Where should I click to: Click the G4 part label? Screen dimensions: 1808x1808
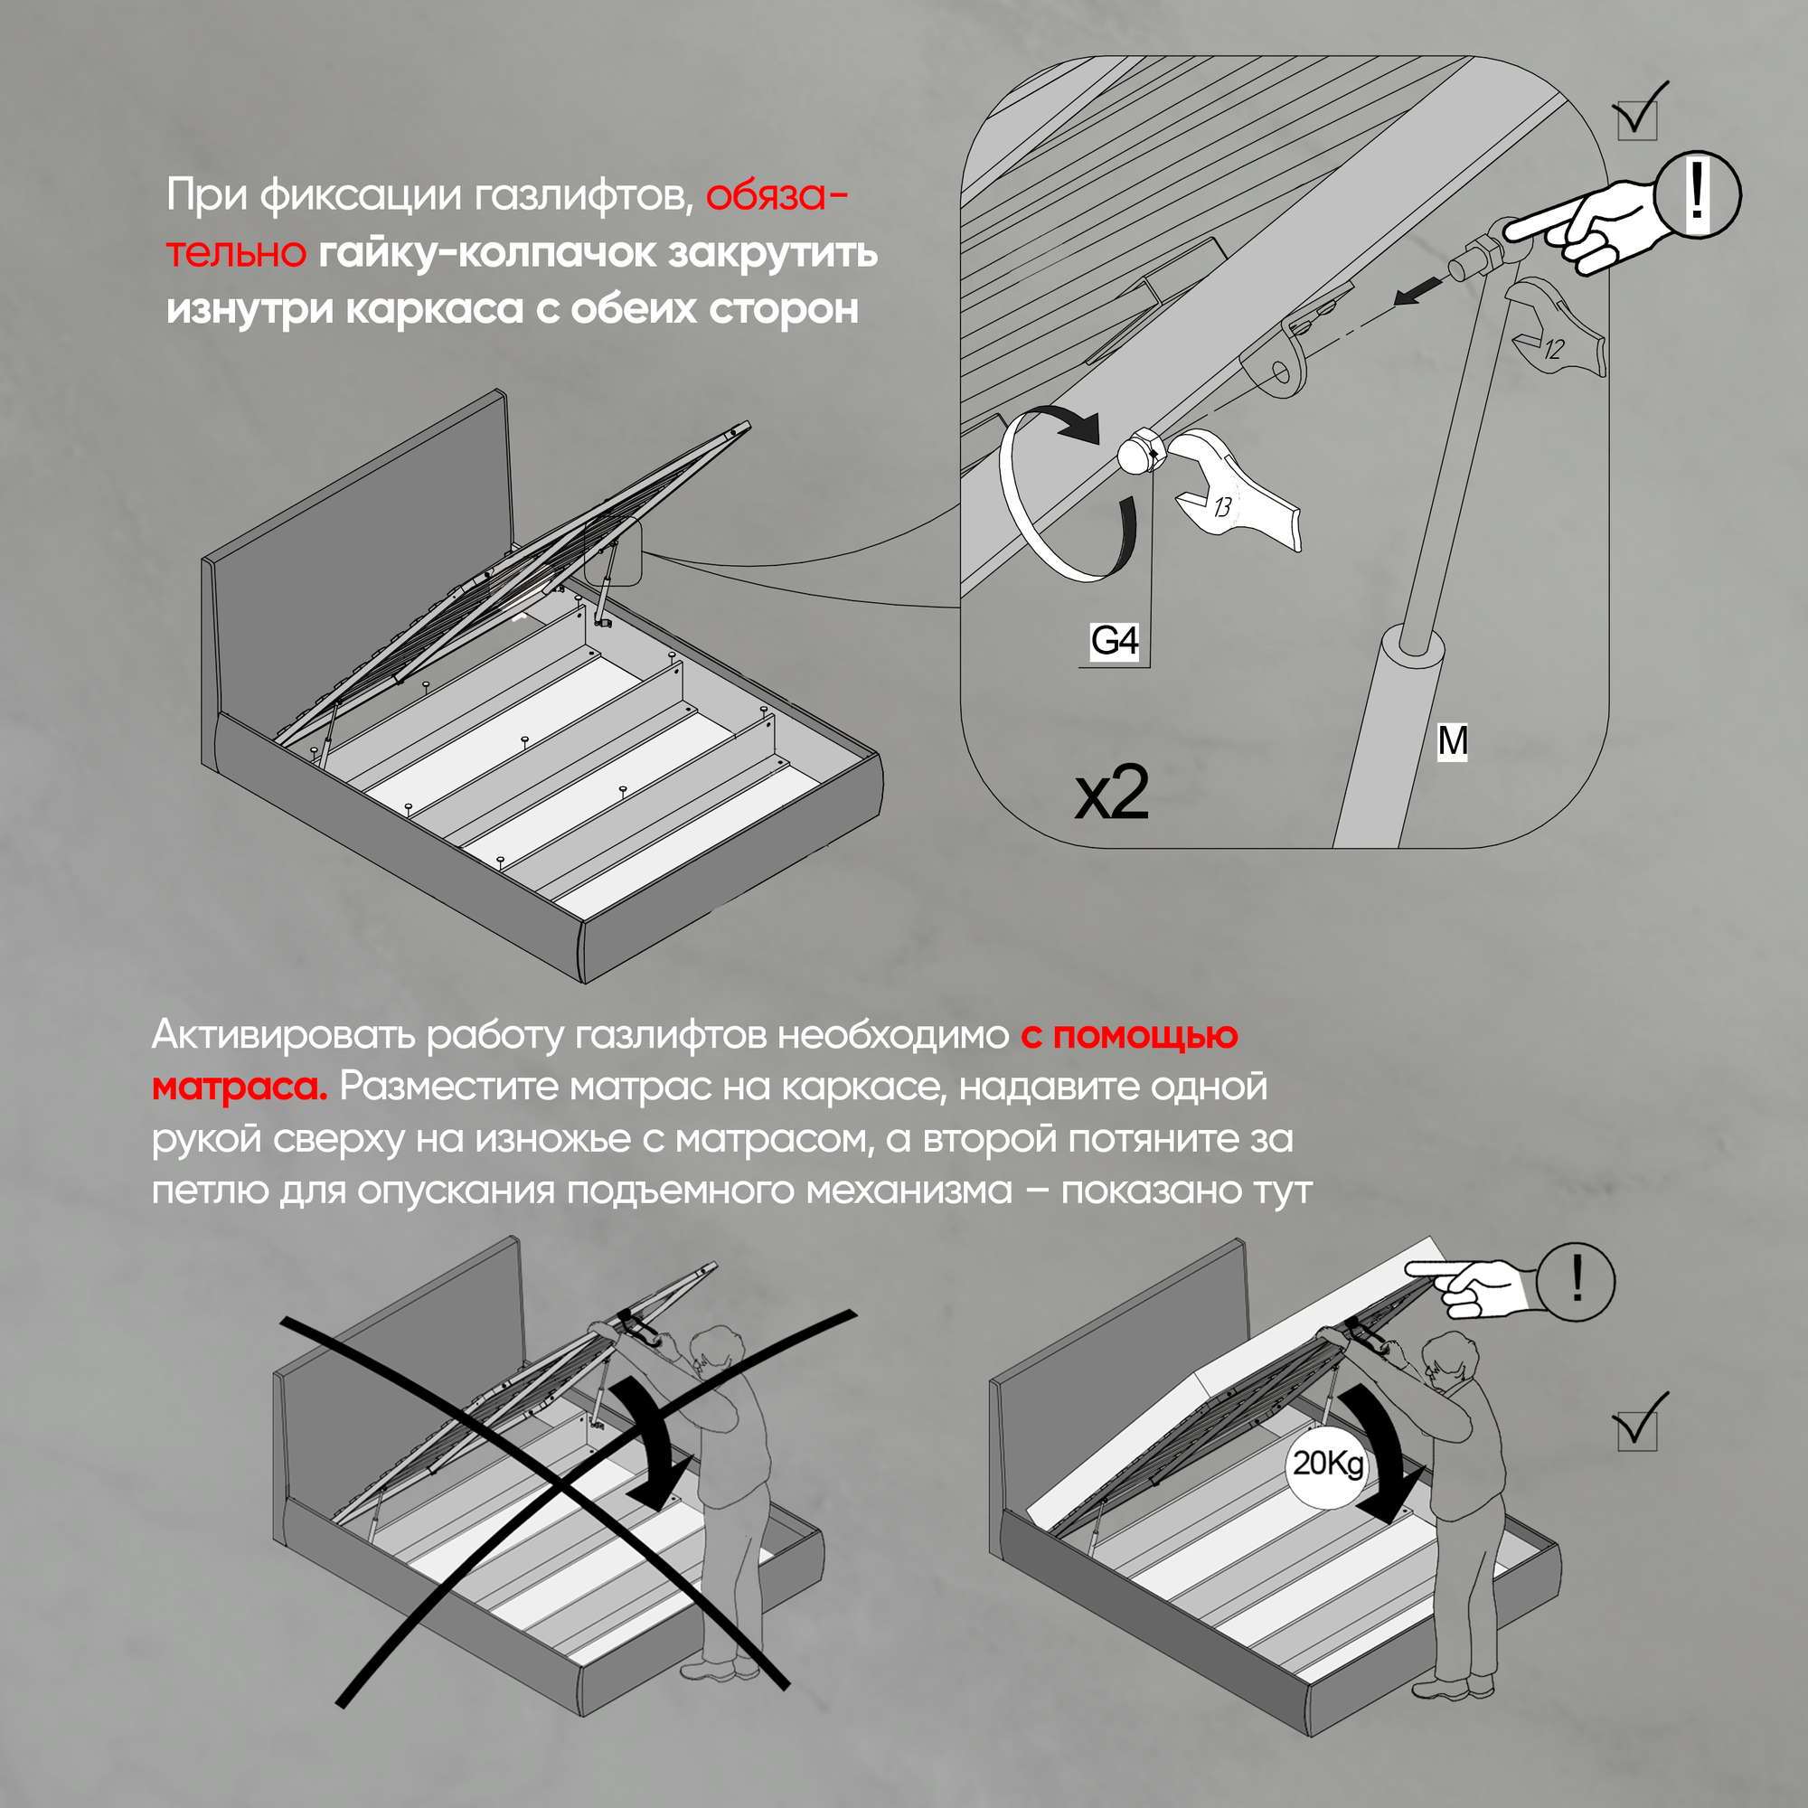(1114, 641)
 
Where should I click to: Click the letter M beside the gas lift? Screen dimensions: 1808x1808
(1453, 741)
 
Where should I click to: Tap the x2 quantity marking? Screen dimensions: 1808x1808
(1111, 794)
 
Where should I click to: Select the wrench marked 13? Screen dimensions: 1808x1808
(1235, 496)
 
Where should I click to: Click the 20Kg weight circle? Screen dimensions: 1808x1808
(1327, 1463)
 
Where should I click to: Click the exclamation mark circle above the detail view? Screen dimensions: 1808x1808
(1697, 193)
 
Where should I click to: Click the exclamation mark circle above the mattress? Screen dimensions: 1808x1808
(1577, 1281)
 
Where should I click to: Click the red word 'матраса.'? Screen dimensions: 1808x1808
(240, 1087)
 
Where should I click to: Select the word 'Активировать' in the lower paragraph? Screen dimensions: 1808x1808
(283, 1035)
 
